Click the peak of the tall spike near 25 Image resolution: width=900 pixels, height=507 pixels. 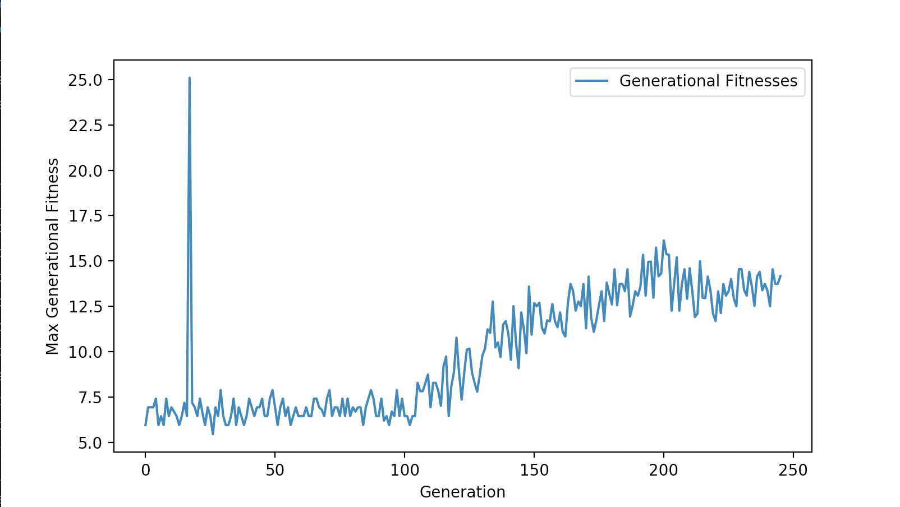(190, 79)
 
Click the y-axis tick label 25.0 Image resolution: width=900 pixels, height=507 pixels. (85, 80)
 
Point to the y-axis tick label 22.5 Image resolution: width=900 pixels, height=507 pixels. (85, 126)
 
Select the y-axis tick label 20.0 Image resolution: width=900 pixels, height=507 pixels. (85, 171)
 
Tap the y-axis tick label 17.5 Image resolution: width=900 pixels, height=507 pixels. (85, 216)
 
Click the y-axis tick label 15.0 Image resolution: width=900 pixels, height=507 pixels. (85, 261)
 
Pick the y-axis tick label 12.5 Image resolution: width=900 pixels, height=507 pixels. (85, 307)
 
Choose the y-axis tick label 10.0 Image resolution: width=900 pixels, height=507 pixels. (85, 352)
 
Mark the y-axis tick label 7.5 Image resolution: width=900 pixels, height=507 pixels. (90, 398)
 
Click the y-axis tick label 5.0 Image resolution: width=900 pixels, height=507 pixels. (90, 443)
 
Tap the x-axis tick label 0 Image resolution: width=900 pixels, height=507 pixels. (146, 470)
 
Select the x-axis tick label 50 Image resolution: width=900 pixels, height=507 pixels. (275, 470)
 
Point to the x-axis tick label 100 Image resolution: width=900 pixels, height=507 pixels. (405, 470)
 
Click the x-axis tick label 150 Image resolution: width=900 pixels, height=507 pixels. (534, 470)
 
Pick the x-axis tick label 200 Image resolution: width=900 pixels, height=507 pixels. (664, 470)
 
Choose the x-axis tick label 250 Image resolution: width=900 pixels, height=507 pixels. (793, 470)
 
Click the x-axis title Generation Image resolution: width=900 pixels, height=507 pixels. (462, 492)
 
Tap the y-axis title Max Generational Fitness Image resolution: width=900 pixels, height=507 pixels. (52, 256)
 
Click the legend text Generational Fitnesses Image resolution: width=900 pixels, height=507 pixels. (708, 81)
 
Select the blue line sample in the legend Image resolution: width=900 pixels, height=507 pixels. (591, 81)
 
